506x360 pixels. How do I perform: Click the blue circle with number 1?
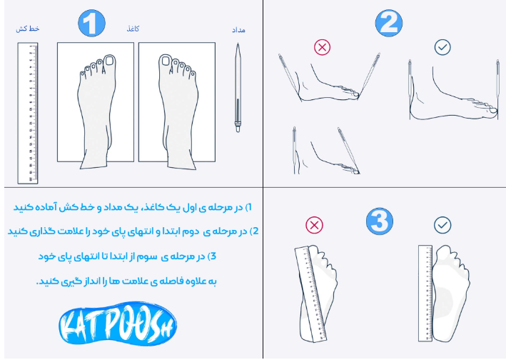click(91, 24)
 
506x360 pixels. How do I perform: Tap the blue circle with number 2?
click(389, 24)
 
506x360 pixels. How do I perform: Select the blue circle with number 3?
click(380, 221)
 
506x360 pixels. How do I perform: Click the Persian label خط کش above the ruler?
click(28, 29)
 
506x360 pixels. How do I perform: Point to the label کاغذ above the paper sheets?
click(133, 29)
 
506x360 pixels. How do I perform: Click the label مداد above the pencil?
click(238, 30)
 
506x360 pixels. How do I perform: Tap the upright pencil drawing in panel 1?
click(238, 88)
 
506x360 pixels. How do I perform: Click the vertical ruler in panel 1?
click(28, 114)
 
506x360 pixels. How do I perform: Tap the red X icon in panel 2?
click(322, 47)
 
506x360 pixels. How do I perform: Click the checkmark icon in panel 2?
click(442, 47)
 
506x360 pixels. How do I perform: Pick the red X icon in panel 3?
click(314, 225)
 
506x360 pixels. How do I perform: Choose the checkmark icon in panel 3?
click(442, 225)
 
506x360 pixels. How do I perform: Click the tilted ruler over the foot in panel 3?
click(310, 294)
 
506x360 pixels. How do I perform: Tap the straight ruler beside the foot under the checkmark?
click(425, 293)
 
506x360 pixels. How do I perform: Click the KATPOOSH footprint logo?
click(118, 324)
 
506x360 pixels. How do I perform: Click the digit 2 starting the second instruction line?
click(255, 231)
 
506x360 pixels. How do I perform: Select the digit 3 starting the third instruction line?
click(213, 256)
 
